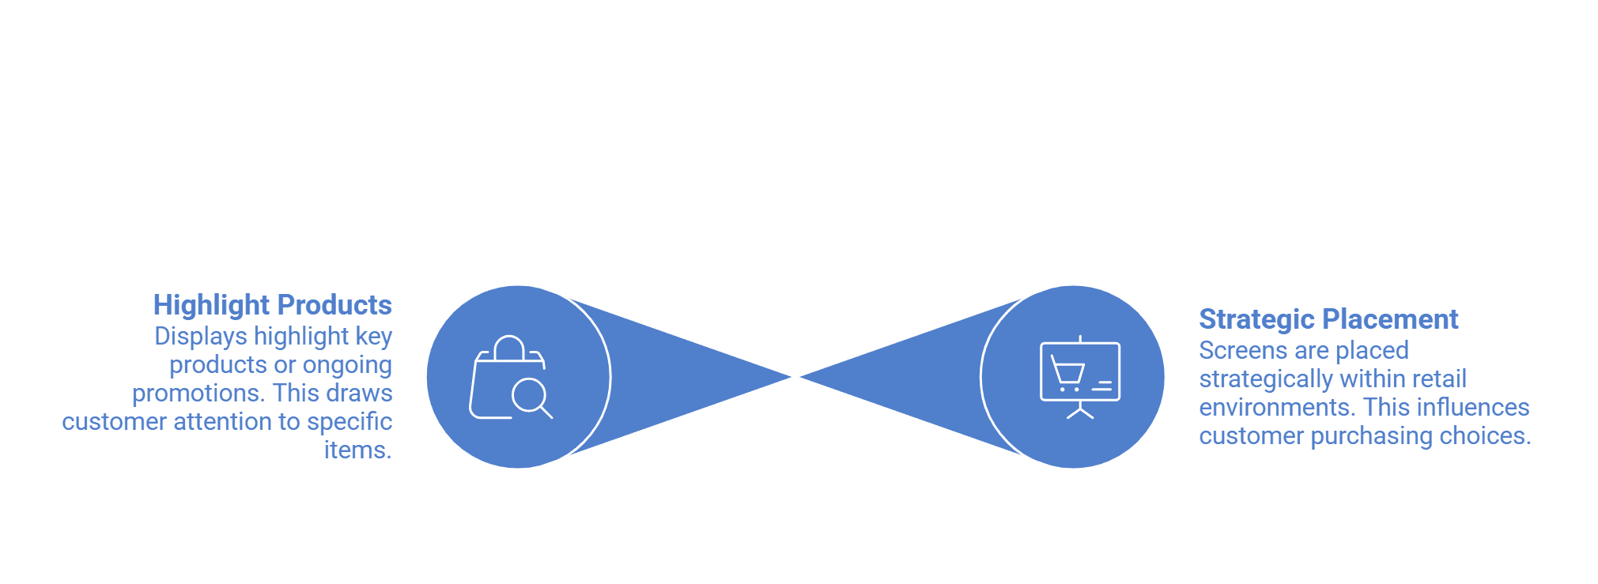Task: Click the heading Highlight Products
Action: (273, 305)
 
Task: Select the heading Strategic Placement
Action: (1328, 319)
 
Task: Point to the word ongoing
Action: (347, 365)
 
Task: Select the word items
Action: (358, 450)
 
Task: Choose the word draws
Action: (360, 394)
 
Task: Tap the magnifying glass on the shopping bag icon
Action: (532, 398)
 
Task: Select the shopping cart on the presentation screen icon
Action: (1067, 373)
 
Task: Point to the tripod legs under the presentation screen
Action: (1080, 410)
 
